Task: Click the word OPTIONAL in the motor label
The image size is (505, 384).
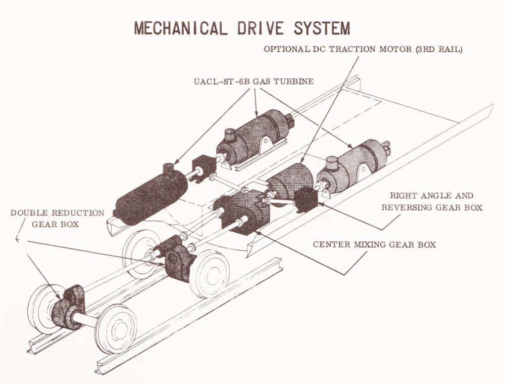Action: point(286,49)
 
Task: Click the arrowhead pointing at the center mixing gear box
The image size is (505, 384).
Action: point(257,231)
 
